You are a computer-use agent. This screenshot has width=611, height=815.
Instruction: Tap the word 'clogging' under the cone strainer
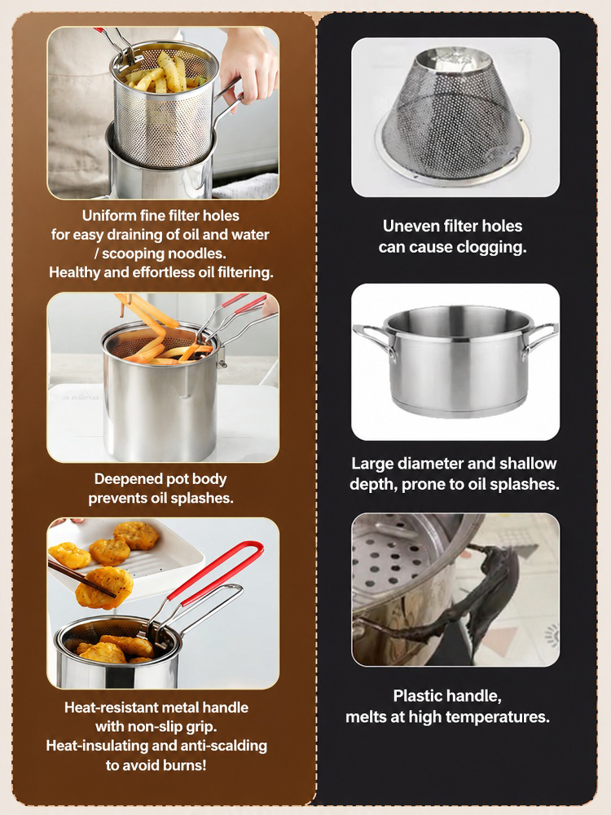pyautogui.click(x=491, y=248)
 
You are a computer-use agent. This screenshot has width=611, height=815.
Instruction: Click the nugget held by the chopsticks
pyautogui.click(x=104, y=587)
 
